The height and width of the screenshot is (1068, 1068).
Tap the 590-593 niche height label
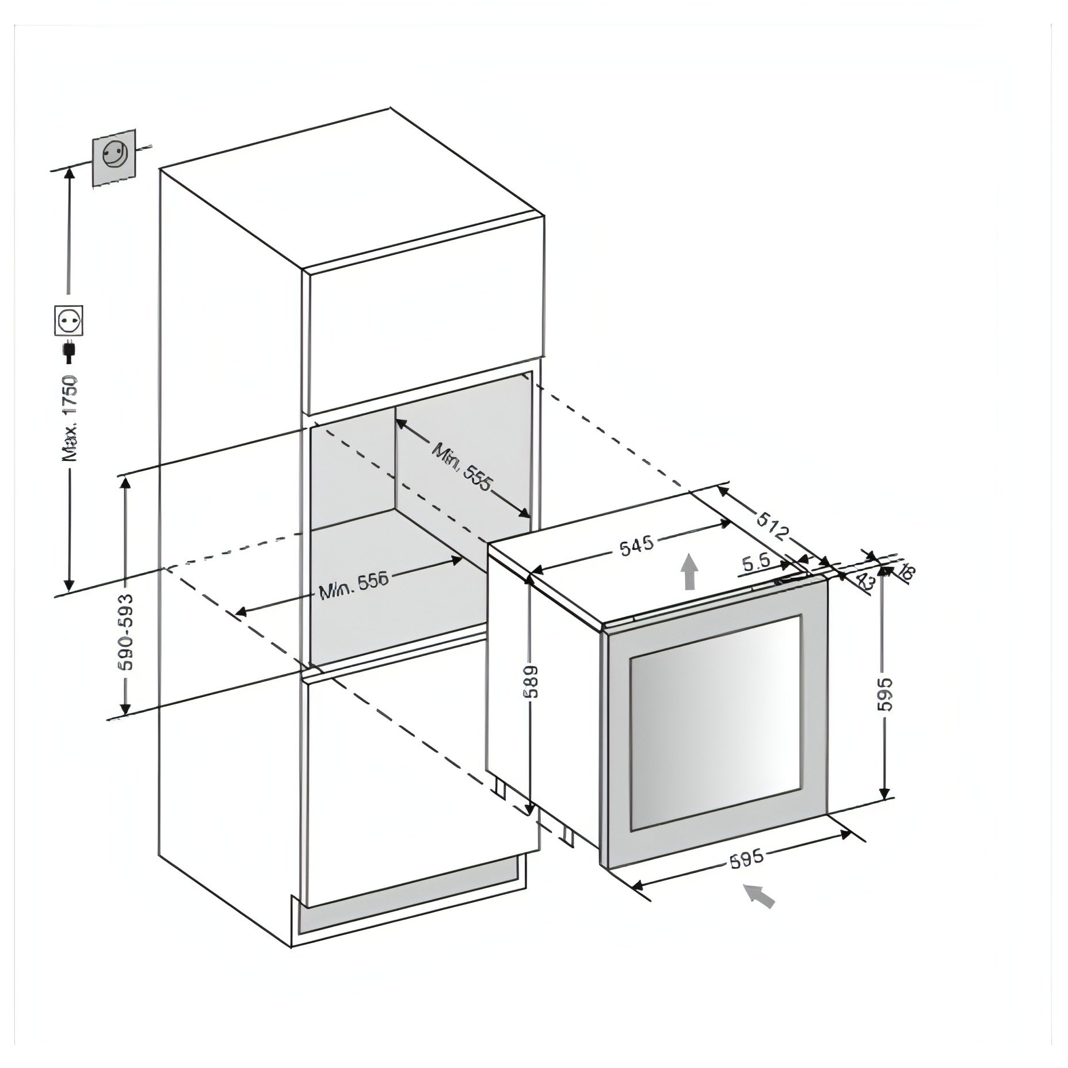tap(126, 631)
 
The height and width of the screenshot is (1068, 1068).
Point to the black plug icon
tap(69, 352)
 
